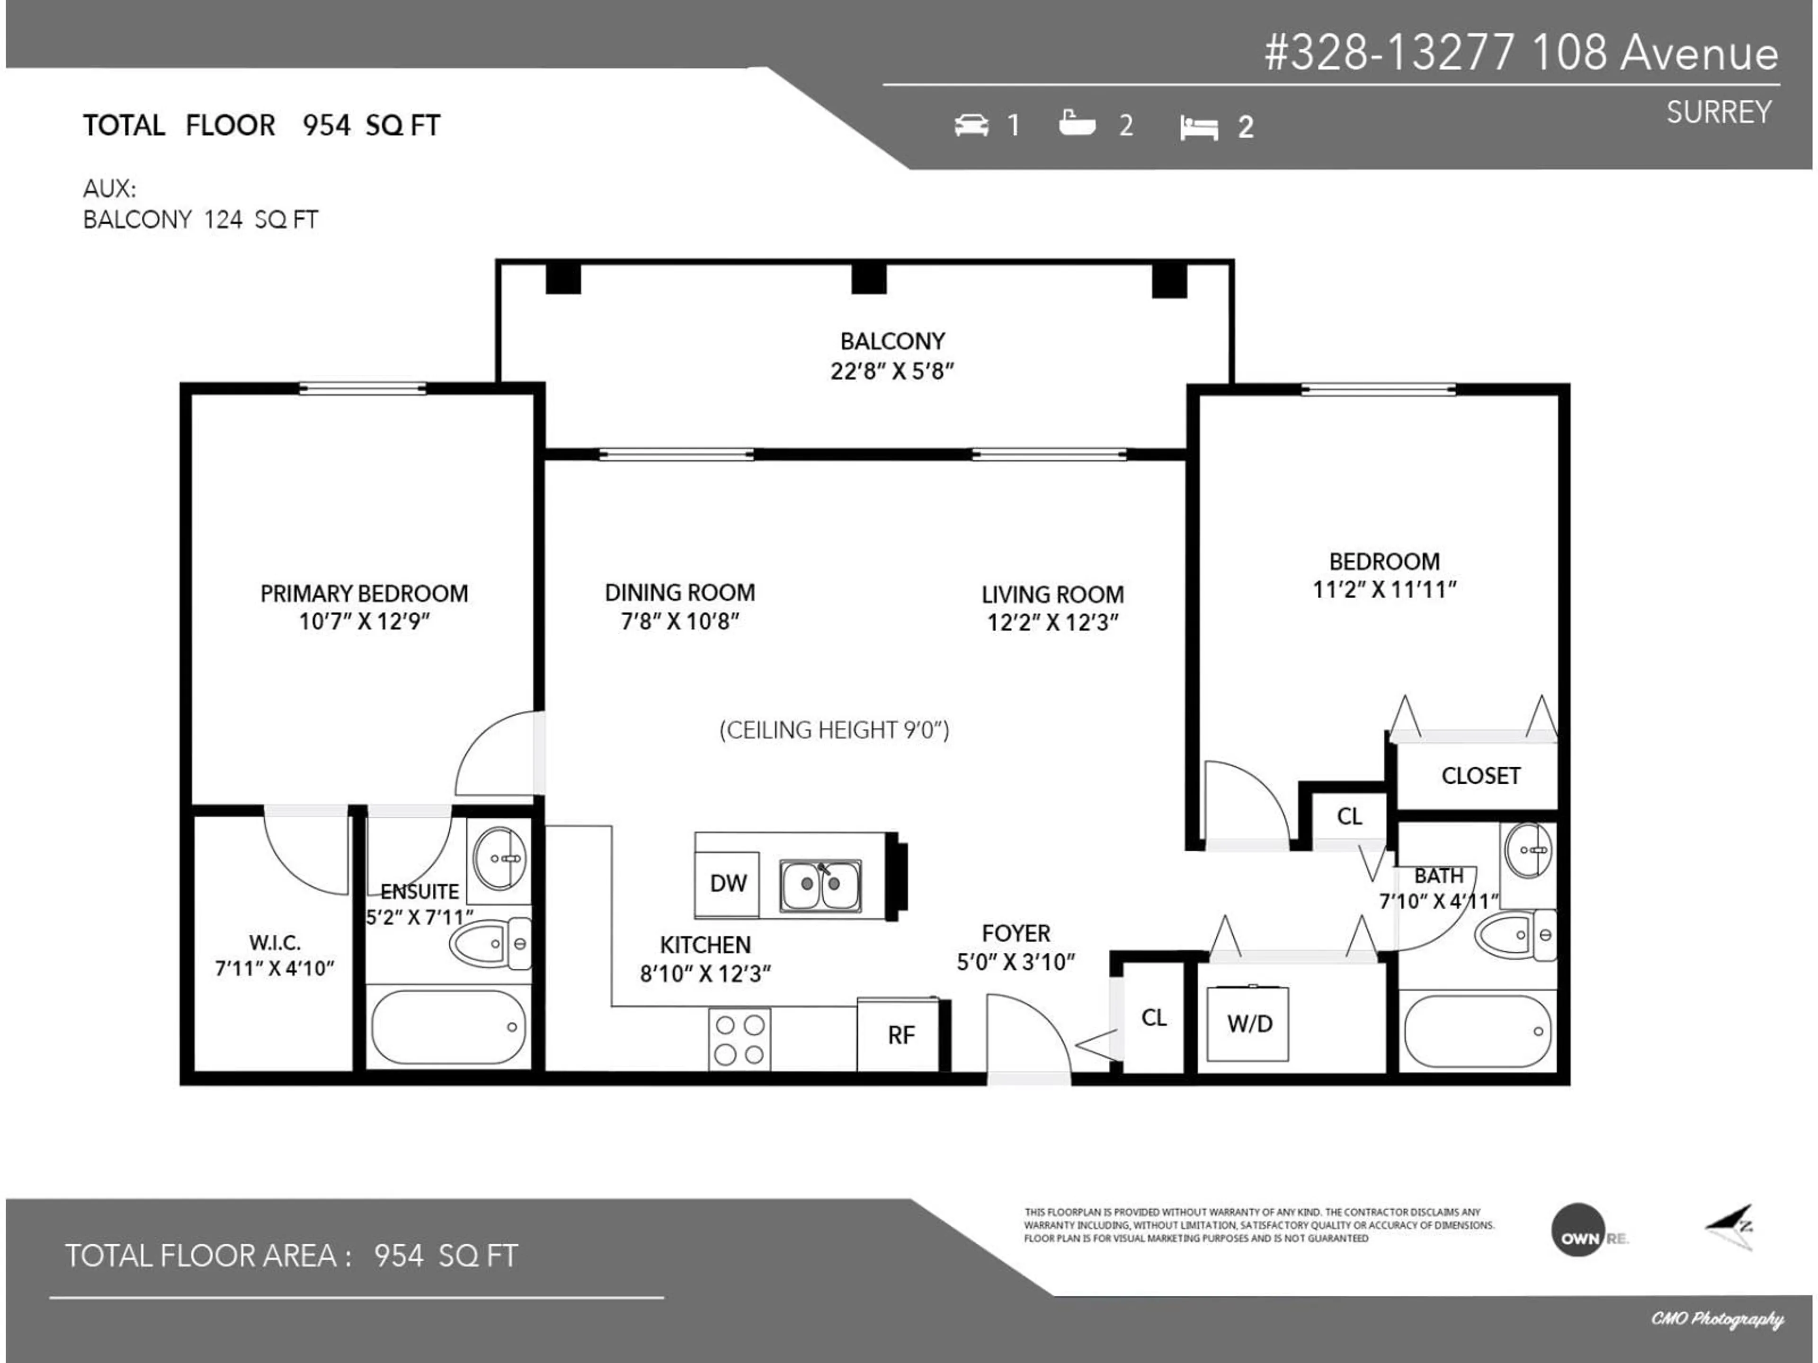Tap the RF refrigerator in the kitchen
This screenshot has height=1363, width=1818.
click(900, 1035)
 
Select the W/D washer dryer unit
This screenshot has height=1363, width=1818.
click(1248, 1024)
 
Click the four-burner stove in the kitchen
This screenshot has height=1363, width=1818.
click(740, 1039)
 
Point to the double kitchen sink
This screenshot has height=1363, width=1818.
click(820, 885)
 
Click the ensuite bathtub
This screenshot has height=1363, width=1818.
click(448, 1027)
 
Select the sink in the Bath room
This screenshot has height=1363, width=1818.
click(1529, 850)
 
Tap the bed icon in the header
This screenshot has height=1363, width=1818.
click(1198, 127)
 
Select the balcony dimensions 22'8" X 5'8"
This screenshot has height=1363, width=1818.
click(892, 372)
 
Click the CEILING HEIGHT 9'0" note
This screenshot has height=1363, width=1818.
click(834, 730)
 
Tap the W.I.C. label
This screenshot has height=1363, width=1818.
click(275, 942)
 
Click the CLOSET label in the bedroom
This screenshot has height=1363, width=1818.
click(1480, 776)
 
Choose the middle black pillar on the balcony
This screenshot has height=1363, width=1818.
click(869, 278)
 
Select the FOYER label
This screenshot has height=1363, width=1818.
click(1016, 933)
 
